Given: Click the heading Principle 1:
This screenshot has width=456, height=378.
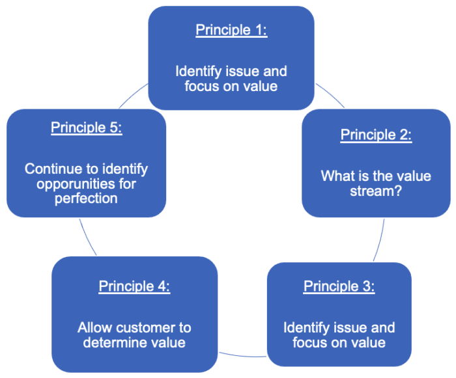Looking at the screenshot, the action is coord(231,30).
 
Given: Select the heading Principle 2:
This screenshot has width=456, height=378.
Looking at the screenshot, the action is coord(376,135).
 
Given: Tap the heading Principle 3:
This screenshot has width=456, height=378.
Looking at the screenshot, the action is coord(339,286).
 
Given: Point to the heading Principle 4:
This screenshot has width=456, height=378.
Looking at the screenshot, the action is coord(134,286).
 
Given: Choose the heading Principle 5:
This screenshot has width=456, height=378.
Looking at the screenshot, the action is coord(87,128).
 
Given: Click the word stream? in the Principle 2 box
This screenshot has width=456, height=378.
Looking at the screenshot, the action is coord(376,191).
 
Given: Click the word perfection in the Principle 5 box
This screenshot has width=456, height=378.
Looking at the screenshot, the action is coord(86,198).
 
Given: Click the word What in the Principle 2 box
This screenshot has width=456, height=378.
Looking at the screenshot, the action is coord(334,176).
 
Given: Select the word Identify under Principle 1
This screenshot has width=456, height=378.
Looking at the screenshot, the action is coord(198,72).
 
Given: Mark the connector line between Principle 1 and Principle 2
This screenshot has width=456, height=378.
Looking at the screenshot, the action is coord(330,95).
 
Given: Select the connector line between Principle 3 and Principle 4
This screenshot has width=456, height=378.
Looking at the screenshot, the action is coord(242,356).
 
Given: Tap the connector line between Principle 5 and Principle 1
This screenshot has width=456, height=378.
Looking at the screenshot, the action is coord(133,95).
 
